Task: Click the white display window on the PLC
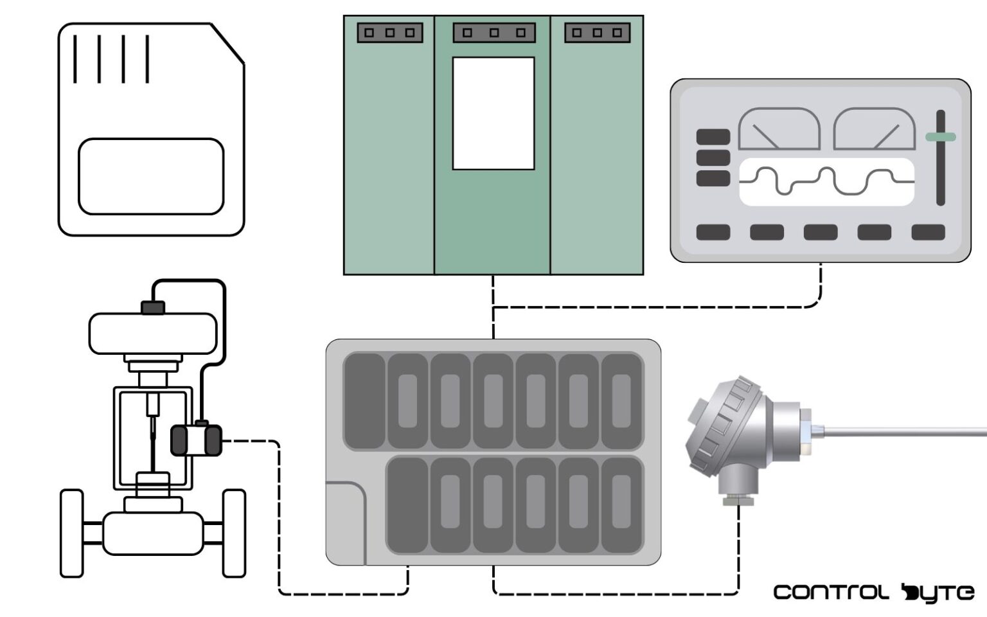493,113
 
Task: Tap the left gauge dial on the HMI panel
779,130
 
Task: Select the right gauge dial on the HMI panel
874,130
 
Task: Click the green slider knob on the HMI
940,137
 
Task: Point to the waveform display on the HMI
826,182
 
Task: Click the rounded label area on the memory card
151,176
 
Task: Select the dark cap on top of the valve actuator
153,307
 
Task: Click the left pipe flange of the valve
72,533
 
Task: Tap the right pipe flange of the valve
234,533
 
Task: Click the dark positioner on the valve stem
195,440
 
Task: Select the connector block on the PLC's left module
389,33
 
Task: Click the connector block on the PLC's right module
597,33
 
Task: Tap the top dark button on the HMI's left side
713,137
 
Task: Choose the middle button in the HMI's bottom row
821,232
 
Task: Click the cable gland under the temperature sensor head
738,499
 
